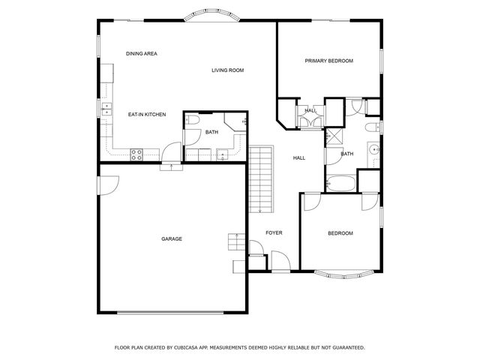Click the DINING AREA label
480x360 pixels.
[x=141, y=54]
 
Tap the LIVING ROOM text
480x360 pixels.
[x=227, y=70]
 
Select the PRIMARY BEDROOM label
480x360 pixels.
[x=328, y=61]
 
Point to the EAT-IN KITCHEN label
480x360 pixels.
[x=146, y=115]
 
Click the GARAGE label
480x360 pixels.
[x=172, y=239]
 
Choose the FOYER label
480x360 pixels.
[x=274, y=233]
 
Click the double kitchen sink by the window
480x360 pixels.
[x=106, y=110]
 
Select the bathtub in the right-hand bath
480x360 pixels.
[x=341, y=183]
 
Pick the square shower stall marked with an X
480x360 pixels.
[x=331, y=137]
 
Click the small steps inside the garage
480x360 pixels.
[x=236, y=243]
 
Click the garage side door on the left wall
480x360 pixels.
[x=106, y=184]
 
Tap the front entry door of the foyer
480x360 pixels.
[x=279, y=262]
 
